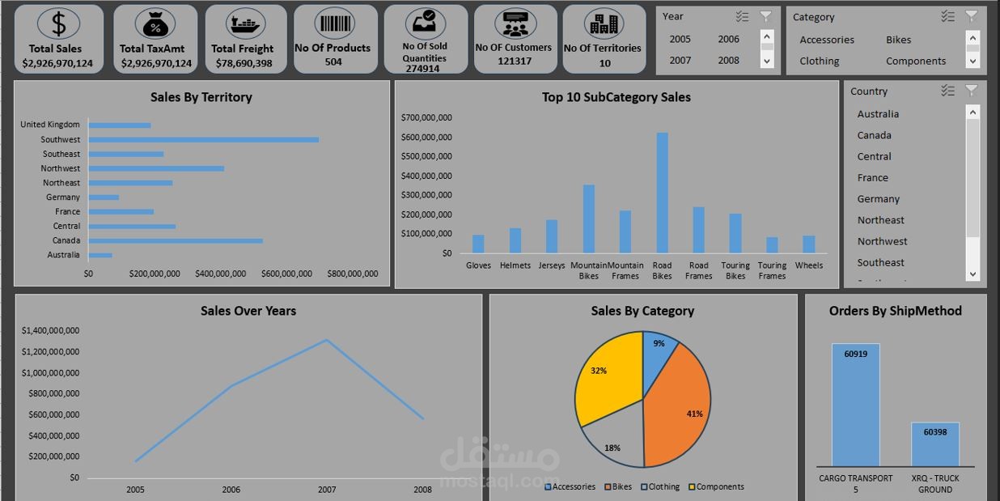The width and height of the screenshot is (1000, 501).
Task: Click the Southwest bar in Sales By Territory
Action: pyautogui.click(x=203, y=139)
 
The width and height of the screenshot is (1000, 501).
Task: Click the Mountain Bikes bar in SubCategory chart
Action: pyautogui.click(x=588, y=219)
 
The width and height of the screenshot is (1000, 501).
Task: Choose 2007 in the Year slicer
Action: pyautogui.click(x=680, y=60)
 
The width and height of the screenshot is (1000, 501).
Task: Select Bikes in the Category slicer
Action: pyautogui.click(x=898, y=40)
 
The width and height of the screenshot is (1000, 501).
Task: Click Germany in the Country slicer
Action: pyautogui.click(x=878, y=199)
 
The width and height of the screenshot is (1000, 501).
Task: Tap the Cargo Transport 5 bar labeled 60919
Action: pyautogui.click(x=855, y=405)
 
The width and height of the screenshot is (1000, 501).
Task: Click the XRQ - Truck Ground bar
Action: pyautogui.click(x=934, y=444)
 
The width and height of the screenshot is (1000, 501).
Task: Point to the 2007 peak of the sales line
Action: pyautogui.click(x=326, y=340)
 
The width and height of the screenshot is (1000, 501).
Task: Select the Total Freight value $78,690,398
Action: pyautogui.click(x=244, y=63)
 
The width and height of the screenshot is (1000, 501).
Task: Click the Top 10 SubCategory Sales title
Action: pyautogui.click(x=616, y=97)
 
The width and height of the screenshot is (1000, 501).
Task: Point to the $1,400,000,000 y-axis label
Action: pyautogui.click(x=50, y=330)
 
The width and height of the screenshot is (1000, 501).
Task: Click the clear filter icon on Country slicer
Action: pyautogui.click(x=972, y=91)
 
